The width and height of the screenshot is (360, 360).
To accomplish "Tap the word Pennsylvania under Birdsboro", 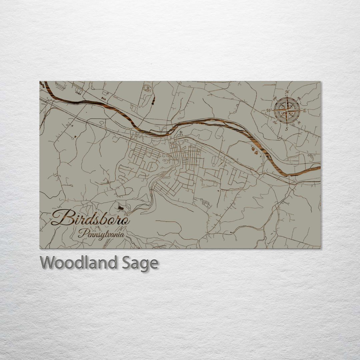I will [x=101, y=234].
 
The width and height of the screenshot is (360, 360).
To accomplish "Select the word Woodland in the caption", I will [x=78, y=263].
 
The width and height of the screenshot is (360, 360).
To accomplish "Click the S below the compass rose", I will [x=287, y=129].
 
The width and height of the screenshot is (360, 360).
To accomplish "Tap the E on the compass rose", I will [x=304, y=110].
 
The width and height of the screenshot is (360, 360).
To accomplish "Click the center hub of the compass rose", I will [x=287, y=110].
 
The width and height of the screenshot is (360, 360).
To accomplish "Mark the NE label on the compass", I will [x=299, y=98].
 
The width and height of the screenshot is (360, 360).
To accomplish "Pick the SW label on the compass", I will [x=275, y=123].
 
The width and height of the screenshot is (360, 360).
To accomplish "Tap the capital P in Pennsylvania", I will [x=81, y=233].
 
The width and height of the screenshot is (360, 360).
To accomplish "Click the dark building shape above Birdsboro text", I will [x=121, y=208].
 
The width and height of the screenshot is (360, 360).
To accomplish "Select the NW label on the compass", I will [x=275, y=98].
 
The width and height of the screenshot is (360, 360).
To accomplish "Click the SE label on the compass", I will [x=299, y=122].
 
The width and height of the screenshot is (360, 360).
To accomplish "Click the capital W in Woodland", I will [x=48, y=263].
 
